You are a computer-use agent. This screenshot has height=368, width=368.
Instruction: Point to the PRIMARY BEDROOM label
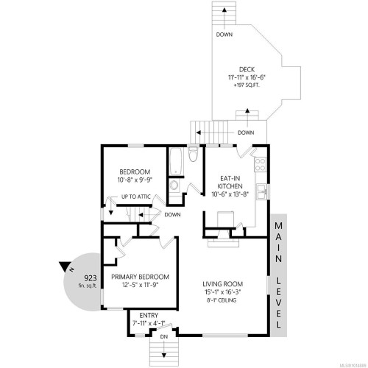tap(140, 277)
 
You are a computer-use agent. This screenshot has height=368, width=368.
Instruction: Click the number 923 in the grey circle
tap(91, 278)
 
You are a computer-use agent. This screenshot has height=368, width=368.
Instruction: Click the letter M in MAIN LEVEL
tap(280, 227)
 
